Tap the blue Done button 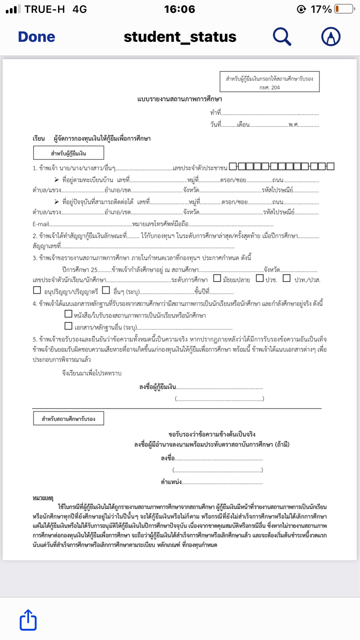tap(36, 37)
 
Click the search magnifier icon tap(282, 37)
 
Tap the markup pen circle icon tap(331, 37)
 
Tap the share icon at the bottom tap(28, 620)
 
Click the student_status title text tap(180, 37)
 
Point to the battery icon tap(344, 9)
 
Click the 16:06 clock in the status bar tap(180, 9)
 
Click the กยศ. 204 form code tap(270, 87)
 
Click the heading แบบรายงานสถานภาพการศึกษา tap(180, 99)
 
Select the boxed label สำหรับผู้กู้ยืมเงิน tap(69, 153)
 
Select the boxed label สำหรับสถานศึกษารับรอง tap(69, 419)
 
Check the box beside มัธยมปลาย tap(217, 278)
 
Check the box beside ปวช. tap(260, 278)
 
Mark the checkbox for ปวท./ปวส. tap(287, 278)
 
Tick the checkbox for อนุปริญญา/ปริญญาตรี tap(37, 290)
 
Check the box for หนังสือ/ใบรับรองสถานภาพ tap(68, 314)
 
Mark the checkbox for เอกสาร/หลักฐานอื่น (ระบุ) tap(68, 326)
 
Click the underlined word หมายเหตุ tap(43, 498)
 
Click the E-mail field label tap(41, 224)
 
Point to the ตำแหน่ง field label tap(171, 482)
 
